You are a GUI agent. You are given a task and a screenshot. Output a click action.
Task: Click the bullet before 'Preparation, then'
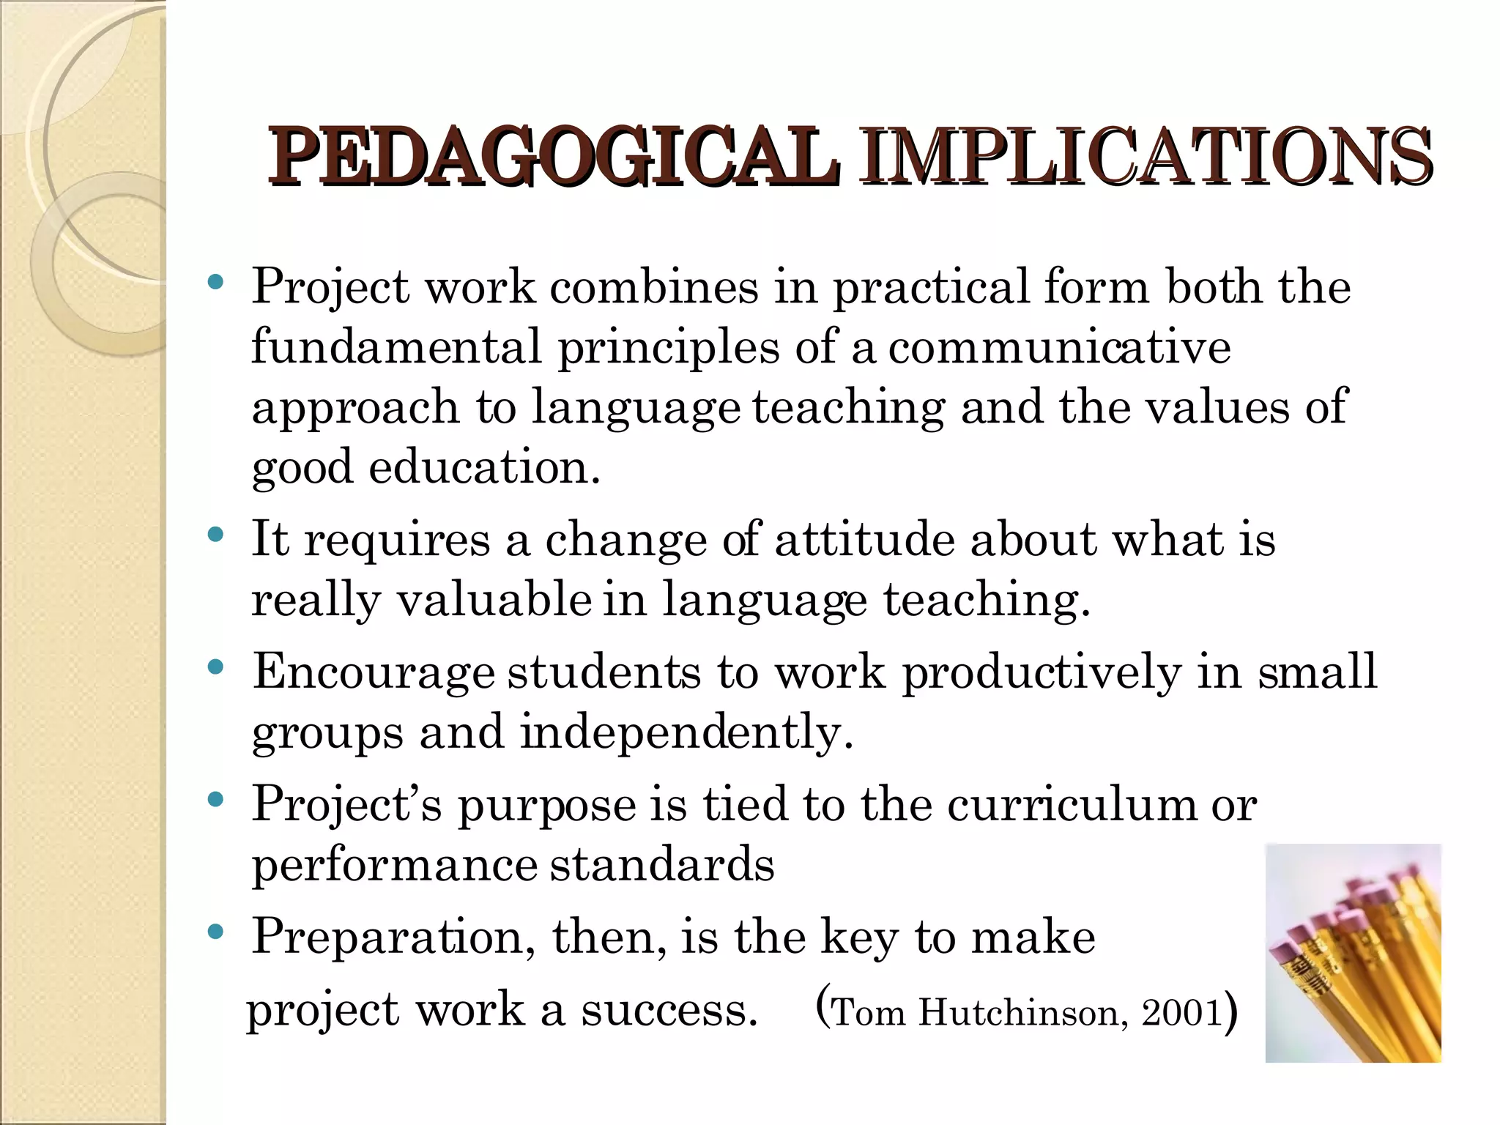(x=215, y=932)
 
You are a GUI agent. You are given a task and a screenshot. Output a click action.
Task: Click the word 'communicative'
(x=1059, y=346)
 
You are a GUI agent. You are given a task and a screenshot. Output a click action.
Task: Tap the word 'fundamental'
(x=396, y=346)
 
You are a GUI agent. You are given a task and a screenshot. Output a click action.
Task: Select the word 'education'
(x=483, y=467)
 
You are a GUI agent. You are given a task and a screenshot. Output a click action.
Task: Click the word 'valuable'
(x=494, y=600)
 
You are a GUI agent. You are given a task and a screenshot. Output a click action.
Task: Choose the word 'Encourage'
(x=374, y=672)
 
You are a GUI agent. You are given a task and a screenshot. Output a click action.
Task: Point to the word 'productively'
(x=1041, y=672)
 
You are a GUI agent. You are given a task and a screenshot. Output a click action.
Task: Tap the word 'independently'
(x=686, y=732)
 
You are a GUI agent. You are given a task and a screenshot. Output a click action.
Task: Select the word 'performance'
(x=396, y=865)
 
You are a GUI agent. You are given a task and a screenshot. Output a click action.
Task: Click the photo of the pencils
(x=1353, y=953)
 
